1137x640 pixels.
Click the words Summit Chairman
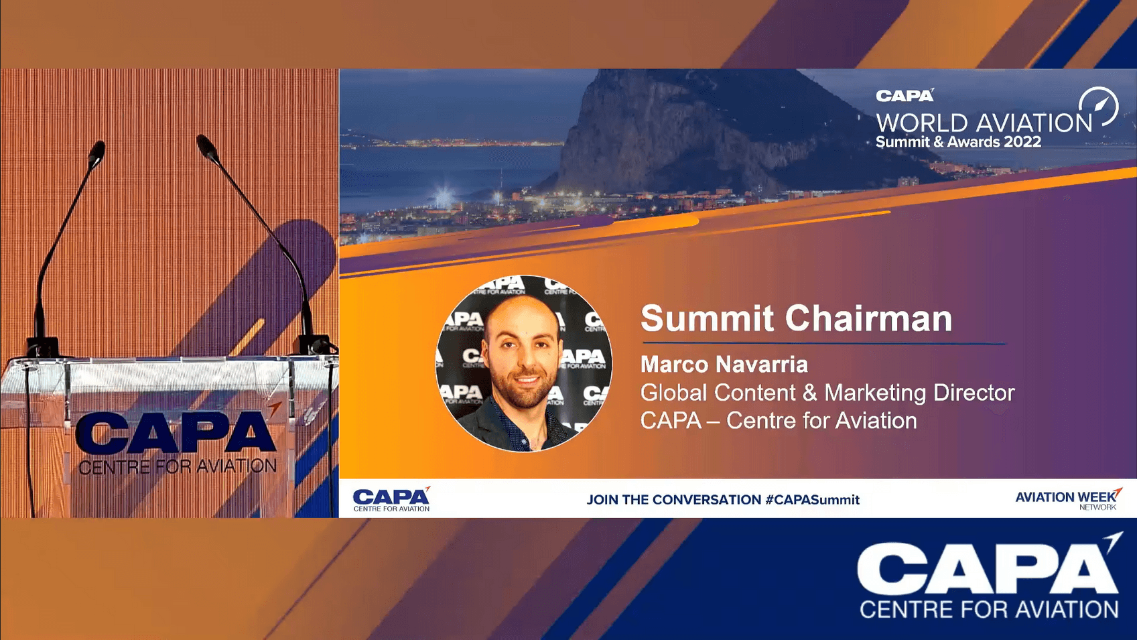coord(796,319)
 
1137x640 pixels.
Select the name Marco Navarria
coord(724,365)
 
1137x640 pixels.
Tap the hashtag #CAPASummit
coord(812,500)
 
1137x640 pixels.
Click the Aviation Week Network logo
coord(1068,499)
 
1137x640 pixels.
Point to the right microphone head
coord(208,147)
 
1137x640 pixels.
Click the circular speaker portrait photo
coord(524,363)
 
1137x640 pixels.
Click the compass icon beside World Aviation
coord(1098,107)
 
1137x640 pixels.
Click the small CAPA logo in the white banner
coord(391,499)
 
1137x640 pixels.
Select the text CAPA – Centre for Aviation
coord(779,421)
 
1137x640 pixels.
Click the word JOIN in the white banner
coord(602,500)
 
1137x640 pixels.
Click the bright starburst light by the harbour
coord(444,196)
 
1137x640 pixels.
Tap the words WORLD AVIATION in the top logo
coord(984,123)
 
